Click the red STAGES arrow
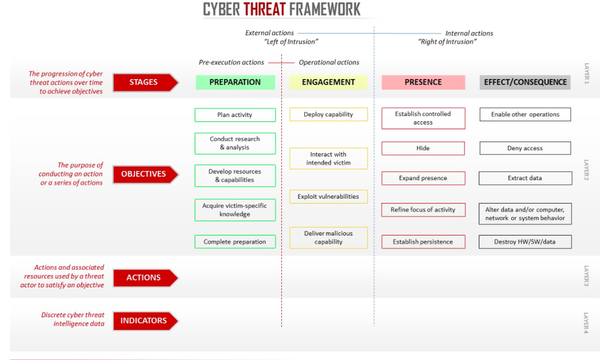[x=145, y=82]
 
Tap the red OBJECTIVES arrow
[x=145, y=174]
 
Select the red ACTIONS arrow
[x=145, y=278]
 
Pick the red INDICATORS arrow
[x=145, y=320]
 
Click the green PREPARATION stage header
[x=235, y=82]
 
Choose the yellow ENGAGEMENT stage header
[x=328, y=82]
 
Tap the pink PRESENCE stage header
[x=423, y=82]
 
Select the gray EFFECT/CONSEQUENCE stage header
[x=525, y=82]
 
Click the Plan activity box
[x=235, y=115]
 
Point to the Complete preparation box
[x=235, y=242]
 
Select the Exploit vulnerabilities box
[x=328, y=197]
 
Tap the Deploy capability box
[x=328, y=114]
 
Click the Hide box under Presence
[x=423, y=148]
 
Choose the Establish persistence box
[x=423, y=242]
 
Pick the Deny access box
[x=525, y=148]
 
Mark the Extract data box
[x=525, y=178]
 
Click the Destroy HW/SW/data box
[x=525, y=242]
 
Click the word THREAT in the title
[x=265, y=9]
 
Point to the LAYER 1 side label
[x=587, y=74]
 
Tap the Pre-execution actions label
[x=232, y=62]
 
